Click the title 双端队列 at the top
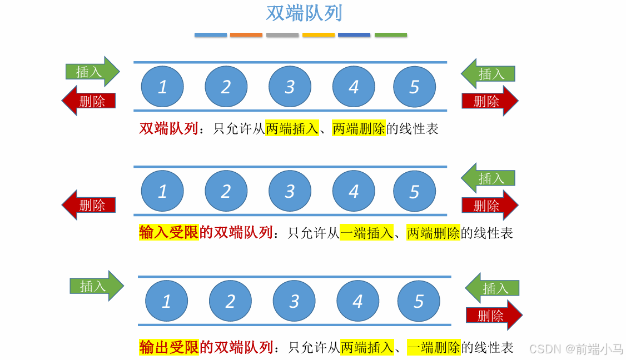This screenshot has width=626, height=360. (304, 13)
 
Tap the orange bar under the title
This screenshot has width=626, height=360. (246, 34)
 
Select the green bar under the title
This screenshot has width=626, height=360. (390, 34)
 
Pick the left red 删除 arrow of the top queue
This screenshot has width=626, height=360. (88, 101)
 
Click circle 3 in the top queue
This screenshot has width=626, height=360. (290, 87)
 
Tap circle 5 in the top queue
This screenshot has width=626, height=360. (414, 87)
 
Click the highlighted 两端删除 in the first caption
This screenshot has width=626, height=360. (359, 129)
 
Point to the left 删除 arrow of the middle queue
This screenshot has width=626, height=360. (88, 205)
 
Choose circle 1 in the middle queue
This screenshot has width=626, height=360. (162, 192)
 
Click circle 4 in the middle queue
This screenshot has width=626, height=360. (354, 192)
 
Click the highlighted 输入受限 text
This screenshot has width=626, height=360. (168, 232)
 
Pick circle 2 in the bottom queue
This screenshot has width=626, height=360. (230, 301)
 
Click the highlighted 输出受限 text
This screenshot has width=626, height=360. (168, 348)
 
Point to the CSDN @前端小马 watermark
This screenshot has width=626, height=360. (576, 349)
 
